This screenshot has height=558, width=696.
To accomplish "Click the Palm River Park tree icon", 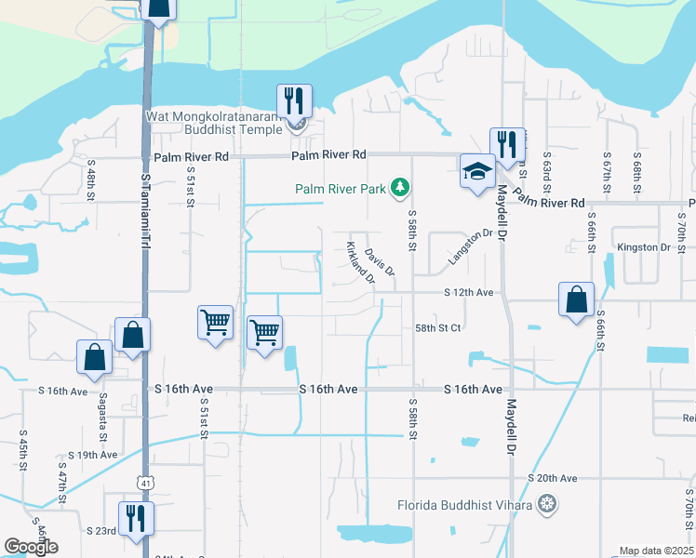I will [401, 189].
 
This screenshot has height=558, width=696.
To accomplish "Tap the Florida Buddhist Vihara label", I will [464, 505].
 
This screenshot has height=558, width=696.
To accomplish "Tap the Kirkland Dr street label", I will [359, 263].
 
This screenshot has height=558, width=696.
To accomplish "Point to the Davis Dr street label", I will [381, 262].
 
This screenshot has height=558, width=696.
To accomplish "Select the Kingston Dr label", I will [644, 247].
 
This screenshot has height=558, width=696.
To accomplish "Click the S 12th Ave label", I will [468, 292].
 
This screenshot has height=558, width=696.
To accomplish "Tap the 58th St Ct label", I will [438, 328].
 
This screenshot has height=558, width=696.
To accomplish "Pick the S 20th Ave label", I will [553, 478].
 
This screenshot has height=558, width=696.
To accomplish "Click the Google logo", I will [31, 547].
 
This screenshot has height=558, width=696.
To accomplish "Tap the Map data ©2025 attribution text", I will [657, 551].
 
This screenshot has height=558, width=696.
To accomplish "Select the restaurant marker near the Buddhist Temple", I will [294, 100].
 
